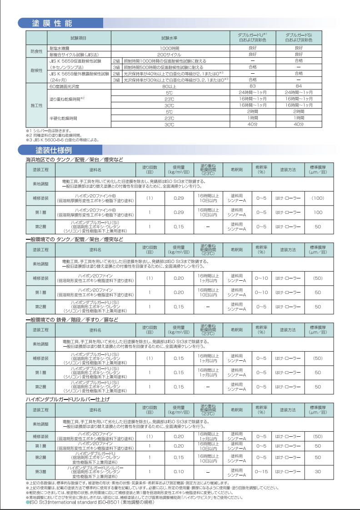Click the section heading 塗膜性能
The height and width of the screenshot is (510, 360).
point(52,23)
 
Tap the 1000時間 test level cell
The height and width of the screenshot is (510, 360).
point(170,48)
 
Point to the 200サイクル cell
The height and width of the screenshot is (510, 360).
point(170,54)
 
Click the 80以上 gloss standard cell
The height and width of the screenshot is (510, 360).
point(170,86)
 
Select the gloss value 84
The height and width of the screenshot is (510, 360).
point(299,86)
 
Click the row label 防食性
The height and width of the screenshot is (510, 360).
point(36,51)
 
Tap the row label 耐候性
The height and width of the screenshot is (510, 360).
point(36,70)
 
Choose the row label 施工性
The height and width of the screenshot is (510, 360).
point(36,105)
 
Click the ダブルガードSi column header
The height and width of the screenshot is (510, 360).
point(299,37)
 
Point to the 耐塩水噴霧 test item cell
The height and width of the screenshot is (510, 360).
point(60,48)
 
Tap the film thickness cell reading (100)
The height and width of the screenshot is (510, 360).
point(318,198)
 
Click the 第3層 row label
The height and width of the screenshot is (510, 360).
point(41,471)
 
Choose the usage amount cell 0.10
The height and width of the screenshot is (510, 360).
point(179,471)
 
